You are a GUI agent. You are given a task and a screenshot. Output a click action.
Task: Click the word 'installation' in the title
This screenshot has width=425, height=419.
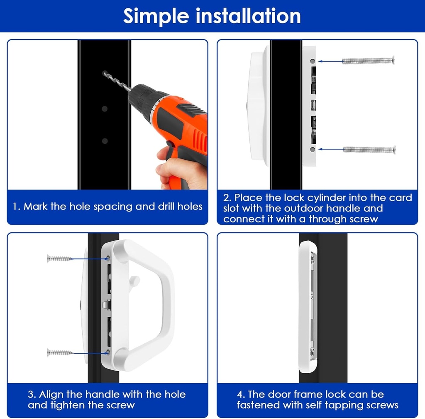pos(248,16)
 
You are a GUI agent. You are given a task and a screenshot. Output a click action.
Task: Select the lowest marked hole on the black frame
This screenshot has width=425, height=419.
pos(105,141)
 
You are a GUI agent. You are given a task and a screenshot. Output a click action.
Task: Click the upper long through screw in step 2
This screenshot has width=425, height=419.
pos(369,61)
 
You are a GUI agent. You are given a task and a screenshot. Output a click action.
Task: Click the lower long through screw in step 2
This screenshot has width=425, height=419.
pos(369,150)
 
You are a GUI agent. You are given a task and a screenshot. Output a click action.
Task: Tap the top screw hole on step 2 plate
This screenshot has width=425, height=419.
pos(312,61)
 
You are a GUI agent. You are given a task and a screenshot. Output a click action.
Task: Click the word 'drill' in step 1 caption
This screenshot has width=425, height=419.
pos(164,207)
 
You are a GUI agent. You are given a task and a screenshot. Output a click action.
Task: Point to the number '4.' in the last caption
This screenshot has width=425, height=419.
pos(241,394)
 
